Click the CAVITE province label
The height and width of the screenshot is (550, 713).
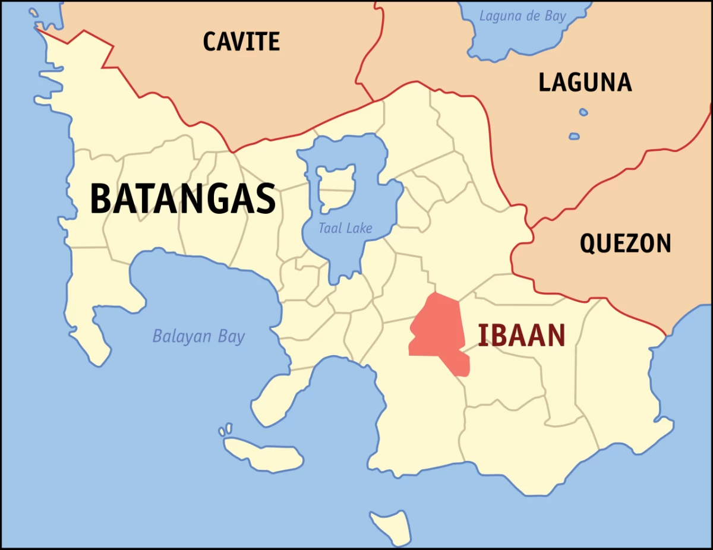click(x=241, y=42)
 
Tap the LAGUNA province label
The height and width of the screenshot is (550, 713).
click(x=585, y=83)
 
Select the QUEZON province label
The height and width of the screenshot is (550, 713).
click(x=625, y=244)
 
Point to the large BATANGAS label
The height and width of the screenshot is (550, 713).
click(x=183, y=199)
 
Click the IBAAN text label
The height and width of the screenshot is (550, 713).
click(x=522, y=336)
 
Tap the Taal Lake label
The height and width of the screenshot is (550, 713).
click(x=345, y=228)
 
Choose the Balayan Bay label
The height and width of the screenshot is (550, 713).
click(x=198, y=337)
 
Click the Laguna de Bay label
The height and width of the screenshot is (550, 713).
click(x=523, y=16)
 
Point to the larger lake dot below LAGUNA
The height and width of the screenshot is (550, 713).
click(x=574, y=136)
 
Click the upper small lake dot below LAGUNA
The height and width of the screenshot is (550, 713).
click(x=583, y=112)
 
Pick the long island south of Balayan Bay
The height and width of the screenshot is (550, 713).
click(x=264, y=454)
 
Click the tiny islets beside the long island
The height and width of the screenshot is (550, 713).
click(x=226, y=429)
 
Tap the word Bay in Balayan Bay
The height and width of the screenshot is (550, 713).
click(x=231, y=337)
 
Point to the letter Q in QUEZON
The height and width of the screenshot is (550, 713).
click(x=588, y=244)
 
